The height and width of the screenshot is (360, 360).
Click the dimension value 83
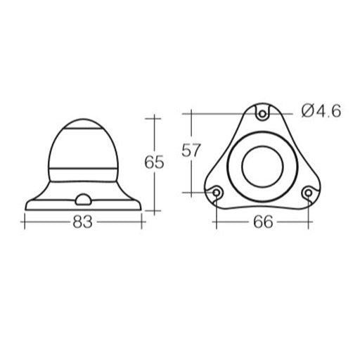pyautogui.click(x=83, y=222)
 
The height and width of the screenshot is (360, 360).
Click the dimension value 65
pyautogui.click(x=154, y=162)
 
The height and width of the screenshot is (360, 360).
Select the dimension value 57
pyautogui.click(x=191, y=150)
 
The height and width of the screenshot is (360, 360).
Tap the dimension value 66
pyautogui.click(x=262, y=222)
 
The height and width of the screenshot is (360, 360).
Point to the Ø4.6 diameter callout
pyautogui.click(x=321, y=111)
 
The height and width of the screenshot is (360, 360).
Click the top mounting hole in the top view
pyautogui.click(x=262, y=112)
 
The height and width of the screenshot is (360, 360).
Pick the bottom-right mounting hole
pyautogui.click(x=308, y=192)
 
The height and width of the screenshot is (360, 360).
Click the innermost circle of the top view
pyautogui.click(x=262, y=166)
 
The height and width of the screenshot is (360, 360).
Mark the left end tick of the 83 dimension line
pyautogui.click(x=25, y=222)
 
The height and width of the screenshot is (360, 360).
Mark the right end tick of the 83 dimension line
pyautogui.click(x=143, y=222)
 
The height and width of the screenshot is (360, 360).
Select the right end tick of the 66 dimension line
pyautogui.click(x=308, y=222)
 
